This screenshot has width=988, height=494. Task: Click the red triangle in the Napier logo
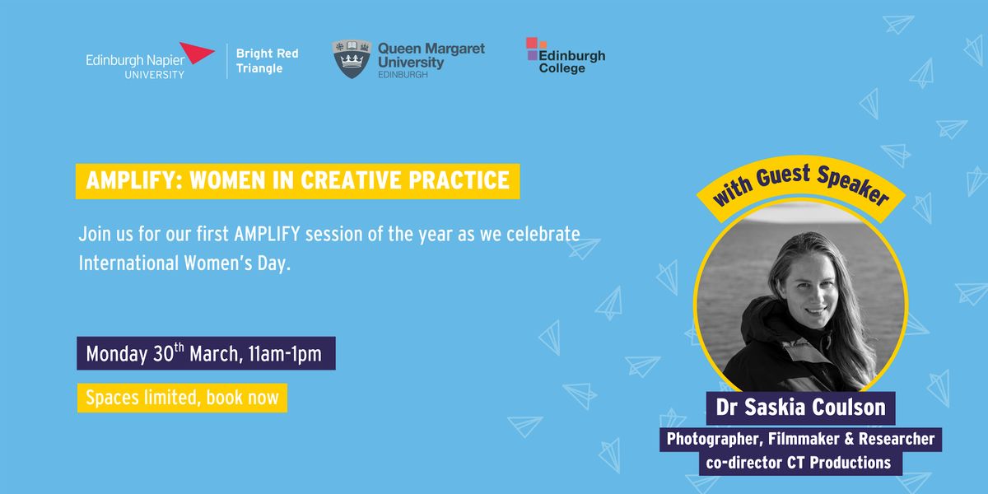195,52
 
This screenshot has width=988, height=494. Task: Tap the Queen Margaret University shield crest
352,59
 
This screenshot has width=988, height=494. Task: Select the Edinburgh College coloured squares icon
534,48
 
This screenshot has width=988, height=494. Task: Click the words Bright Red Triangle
268,61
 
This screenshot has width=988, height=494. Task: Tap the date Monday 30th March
164,353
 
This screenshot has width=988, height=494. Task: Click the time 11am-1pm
285,354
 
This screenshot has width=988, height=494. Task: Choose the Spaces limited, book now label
182,398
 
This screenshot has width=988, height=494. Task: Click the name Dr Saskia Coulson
800,407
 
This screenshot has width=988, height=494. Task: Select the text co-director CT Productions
799,463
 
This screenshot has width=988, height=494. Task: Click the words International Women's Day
184,263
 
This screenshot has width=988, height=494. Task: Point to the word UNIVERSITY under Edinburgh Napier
155,75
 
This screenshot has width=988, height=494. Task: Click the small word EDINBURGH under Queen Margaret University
403,75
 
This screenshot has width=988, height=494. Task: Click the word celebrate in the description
543,234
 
